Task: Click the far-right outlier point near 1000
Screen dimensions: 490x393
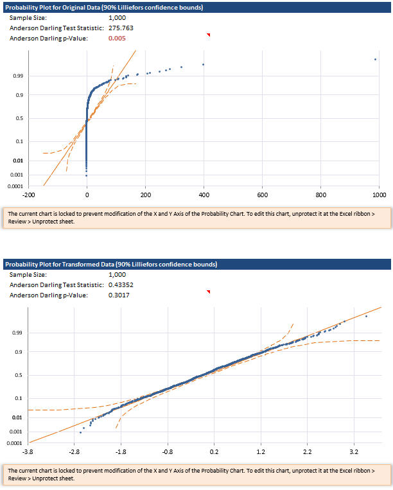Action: click(375, 60)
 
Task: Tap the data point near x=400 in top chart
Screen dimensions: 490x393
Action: click(203, 64)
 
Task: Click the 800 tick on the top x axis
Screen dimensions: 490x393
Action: click(321, 194)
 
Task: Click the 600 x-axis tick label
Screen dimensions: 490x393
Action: click(262, 194)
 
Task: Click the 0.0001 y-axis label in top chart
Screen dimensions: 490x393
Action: click(15, 187)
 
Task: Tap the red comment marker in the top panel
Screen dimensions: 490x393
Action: click(208, 35)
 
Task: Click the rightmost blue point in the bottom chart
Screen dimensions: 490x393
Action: click(366, 316)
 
